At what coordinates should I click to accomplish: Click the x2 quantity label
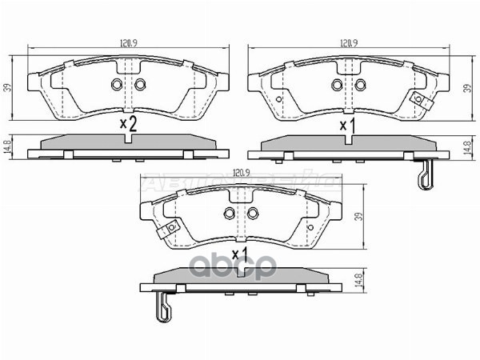tap(128, 123)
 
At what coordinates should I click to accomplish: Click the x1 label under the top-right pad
tap(348, 126)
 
